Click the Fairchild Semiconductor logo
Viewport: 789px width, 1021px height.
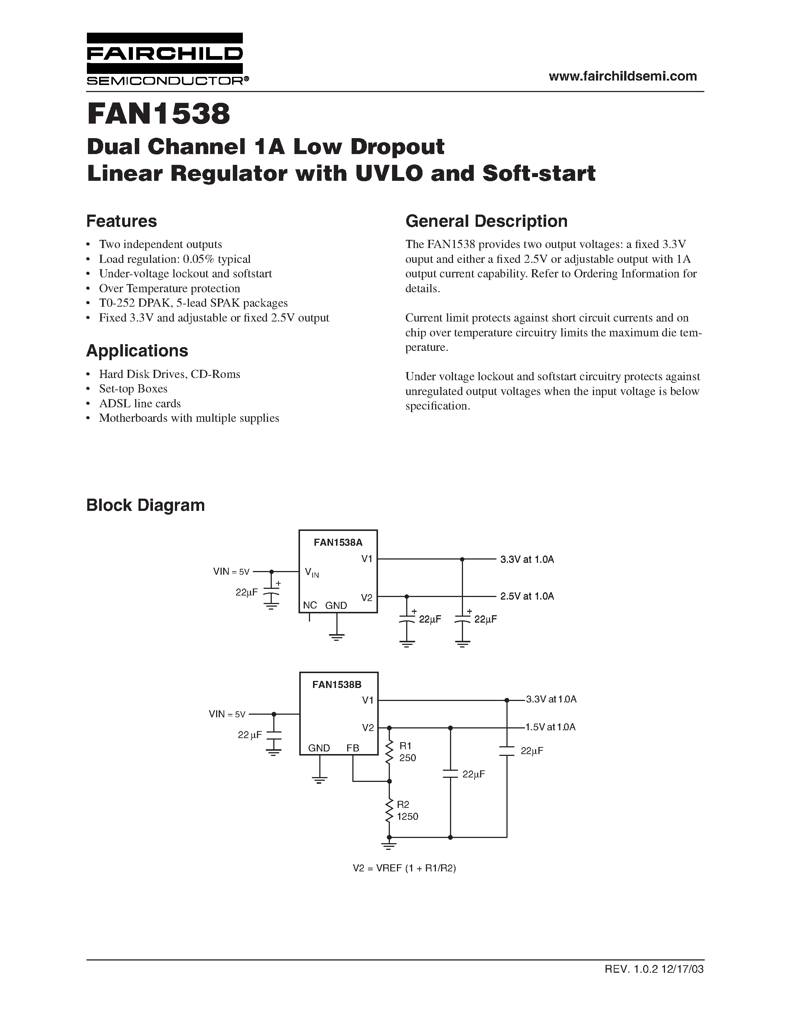[x=164, y=59]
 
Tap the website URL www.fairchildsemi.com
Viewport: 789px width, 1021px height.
[x=623, y=76]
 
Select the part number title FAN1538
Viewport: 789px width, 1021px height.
[x=159, y=114]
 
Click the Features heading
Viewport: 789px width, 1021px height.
[x=121, y=221]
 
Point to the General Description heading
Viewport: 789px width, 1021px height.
[x=486, y=221]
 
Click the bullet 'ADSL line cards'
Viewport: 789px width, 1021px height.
[x=140, y=404]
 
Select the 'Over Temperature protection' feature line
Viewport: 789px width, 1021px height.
[x=169, y=288]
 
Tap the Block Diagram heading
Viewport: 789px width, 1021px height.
[x=146, y=505]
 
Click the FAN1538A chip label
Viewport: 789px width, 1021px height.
[x=338, y=542]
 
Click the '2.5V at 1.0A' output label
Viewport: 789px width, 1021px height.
[x=527, y=596]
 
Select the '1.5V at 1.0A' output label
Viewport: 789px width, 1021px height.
[x=550, y=727]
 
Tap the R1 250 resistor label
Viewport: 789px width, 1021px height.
[x=407, y=752]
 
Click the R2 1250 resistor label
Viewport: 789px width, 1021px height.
[x=407, y=810]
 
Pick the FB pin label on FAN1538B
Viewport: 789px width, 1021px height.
[x=352, y=748]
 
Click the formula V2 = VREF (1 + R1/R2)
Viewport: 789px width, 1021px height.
[x=404, y=868]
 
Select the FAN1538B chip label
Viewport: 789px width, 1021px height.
[x=337, y=684]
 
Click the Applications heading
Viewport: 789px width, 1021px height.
[x=137, y=350]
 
